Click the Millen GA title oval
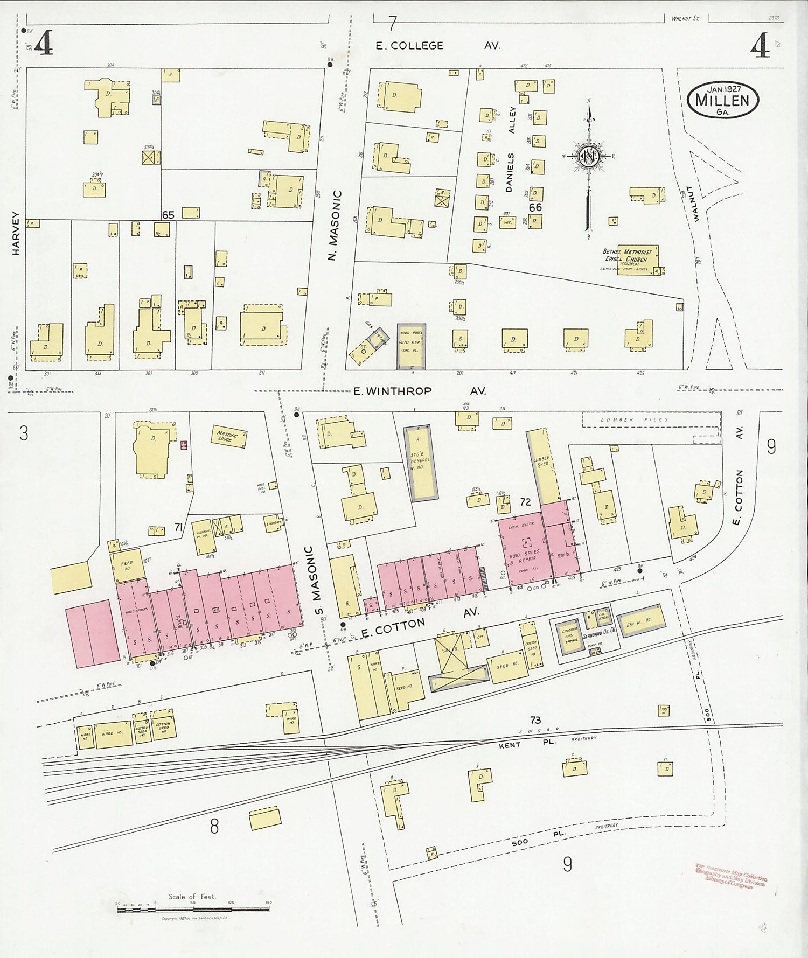click(x=722, y=100)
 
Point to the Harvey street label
click(x=16, y=233)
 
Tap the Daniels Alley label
click(x=510, y=149)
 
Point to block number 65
click(x=168, y=215)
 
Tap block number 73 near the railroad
click(x=534, y=720)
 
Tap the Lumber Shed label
click(x=542, y=461)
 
